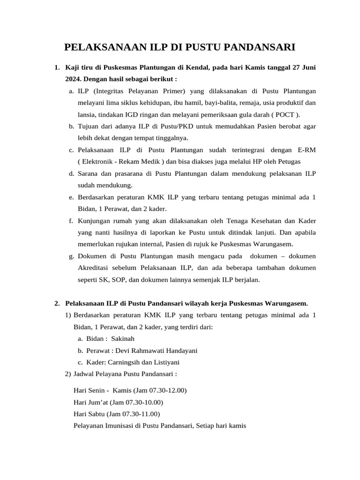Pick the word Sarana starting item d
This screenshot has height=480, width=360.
89,173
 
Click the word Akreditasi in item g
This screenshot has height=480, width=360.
94,268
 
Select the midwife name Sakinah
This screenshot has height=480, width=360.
123,338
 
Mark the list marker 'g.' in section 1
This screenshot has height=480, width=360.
71,256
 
